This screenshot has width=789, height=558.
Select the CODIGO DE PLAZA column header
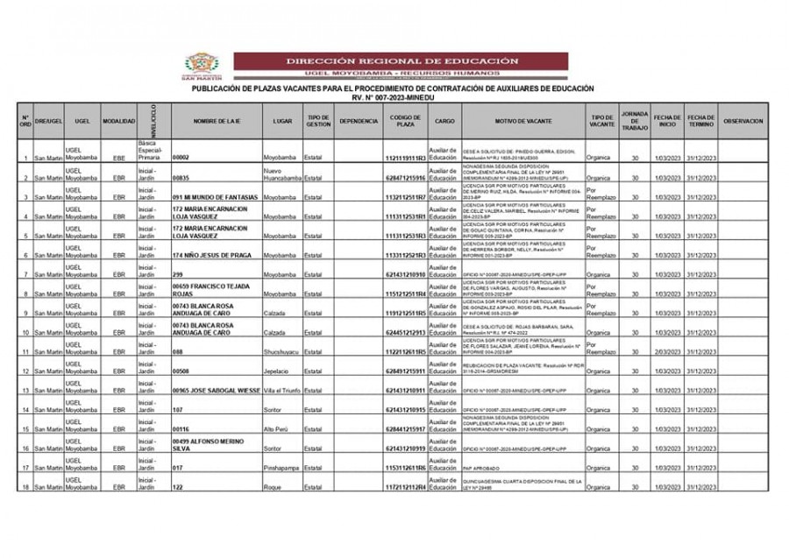[405, 121]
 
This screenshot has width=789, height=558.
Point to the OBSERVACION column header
[743, 121]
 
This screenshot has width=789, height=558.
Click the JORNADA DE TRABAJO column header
[635, 121]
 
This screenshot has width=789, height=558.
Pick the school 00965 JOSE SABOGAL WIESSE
[217, 390]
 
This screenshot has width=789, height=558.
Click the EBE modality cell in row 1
[118, 159]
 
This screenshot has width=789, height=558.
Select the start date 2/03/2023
[666, 351]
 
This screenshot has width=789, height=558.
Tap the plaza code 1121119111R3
[405, 159]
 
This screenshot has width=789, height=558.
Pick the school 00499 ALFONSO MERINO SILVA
[209, 444]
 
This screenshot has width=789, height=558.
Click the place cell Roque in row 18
[273, 487]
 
